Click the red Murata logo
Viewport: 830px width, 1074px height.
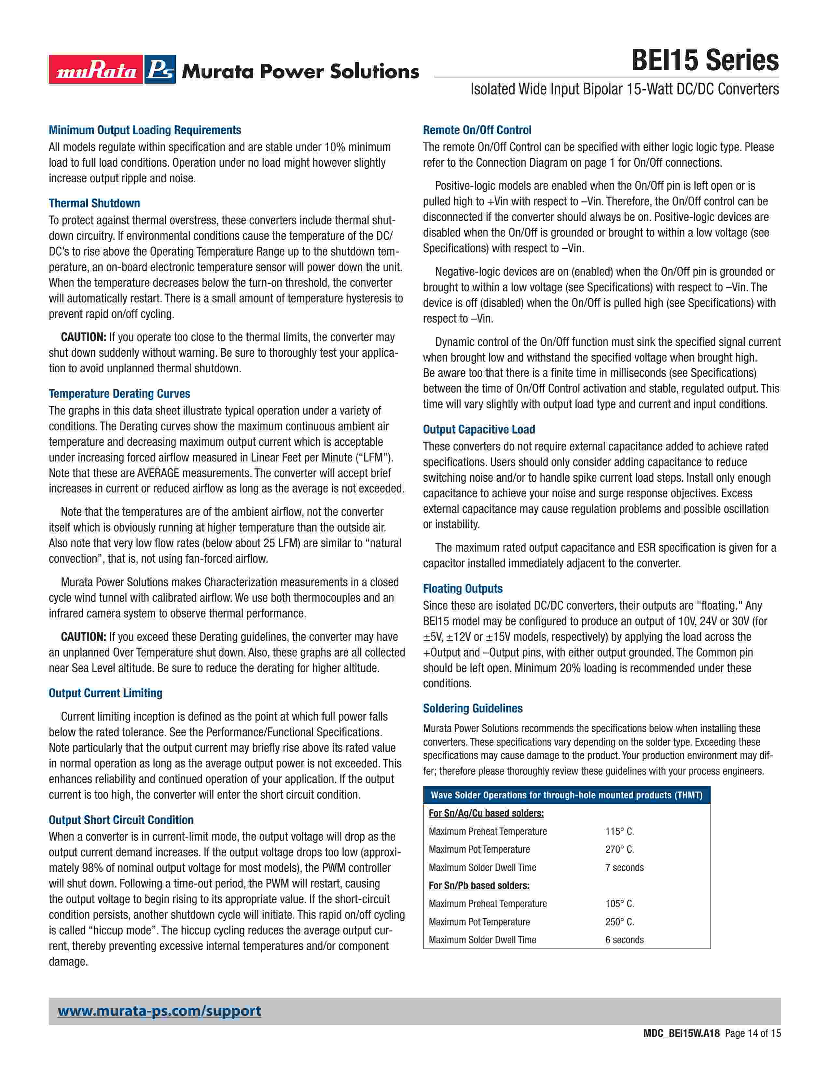[x=96, y=69]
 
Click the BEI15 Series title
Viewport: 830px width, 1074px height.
[x=705, y=61]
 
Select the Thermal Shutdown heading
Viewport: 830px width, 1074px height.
[x=94, y=203]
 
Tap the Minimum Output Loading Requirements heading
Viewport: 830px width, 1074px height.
[x=145, y=130]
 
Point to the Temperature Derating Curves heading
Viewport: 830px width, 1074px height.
[x=119, y=393]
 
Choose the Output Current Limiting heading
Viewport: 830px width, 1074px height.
[x=106, y=693]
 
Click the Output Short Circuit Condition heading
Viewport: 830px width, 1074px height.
[x=121, y=820]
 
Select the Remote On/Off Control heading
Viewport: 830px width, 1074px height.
[x=477, y=130]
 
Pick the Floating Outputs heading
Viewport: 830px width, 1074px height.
[x=463, y=589]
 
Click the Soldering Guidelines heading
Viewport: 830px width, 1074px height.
[x=473, y=708]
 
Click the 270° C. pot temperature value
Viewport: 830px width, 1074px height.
[x=619, y=849]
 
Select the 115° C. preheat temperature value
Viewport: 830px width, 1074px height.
[x=619, y=831]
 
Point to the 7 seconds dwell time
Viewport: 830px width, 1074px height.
[x=625, y=867]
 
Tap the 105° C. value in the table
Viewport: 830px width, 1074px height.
[x=619, y=903]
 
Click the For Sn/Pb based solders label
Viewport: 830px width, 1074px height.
[x=479, y=885]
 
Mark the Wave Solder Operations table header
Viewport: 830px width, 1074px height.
[x=566, y=795]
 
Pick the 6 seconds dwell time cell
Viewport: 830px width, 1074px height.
[x=625, y=940]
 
